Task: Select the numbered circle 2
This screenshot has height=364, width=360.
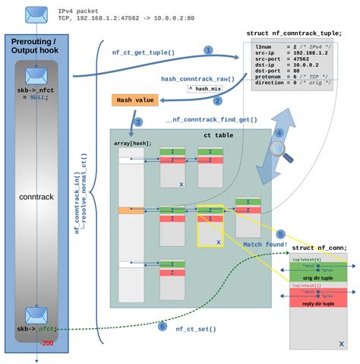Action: [x=217, y=100]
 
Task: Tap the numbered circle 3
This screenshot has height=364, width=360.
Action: [x=137, y=122]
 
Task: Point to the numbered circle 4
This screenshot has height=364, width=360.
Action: [x=279, y=132]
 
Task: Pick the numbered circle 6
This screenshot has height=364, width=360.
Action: [x=162, y=328]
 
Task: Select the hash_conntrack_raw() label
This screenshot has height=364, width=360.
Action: [x=192, y=78]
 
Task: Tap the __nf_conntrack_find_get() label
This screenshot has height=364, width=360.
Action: [x=210, y=120]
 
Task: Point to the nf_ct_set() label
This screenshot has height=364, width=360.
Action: [x=196, y=329]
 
